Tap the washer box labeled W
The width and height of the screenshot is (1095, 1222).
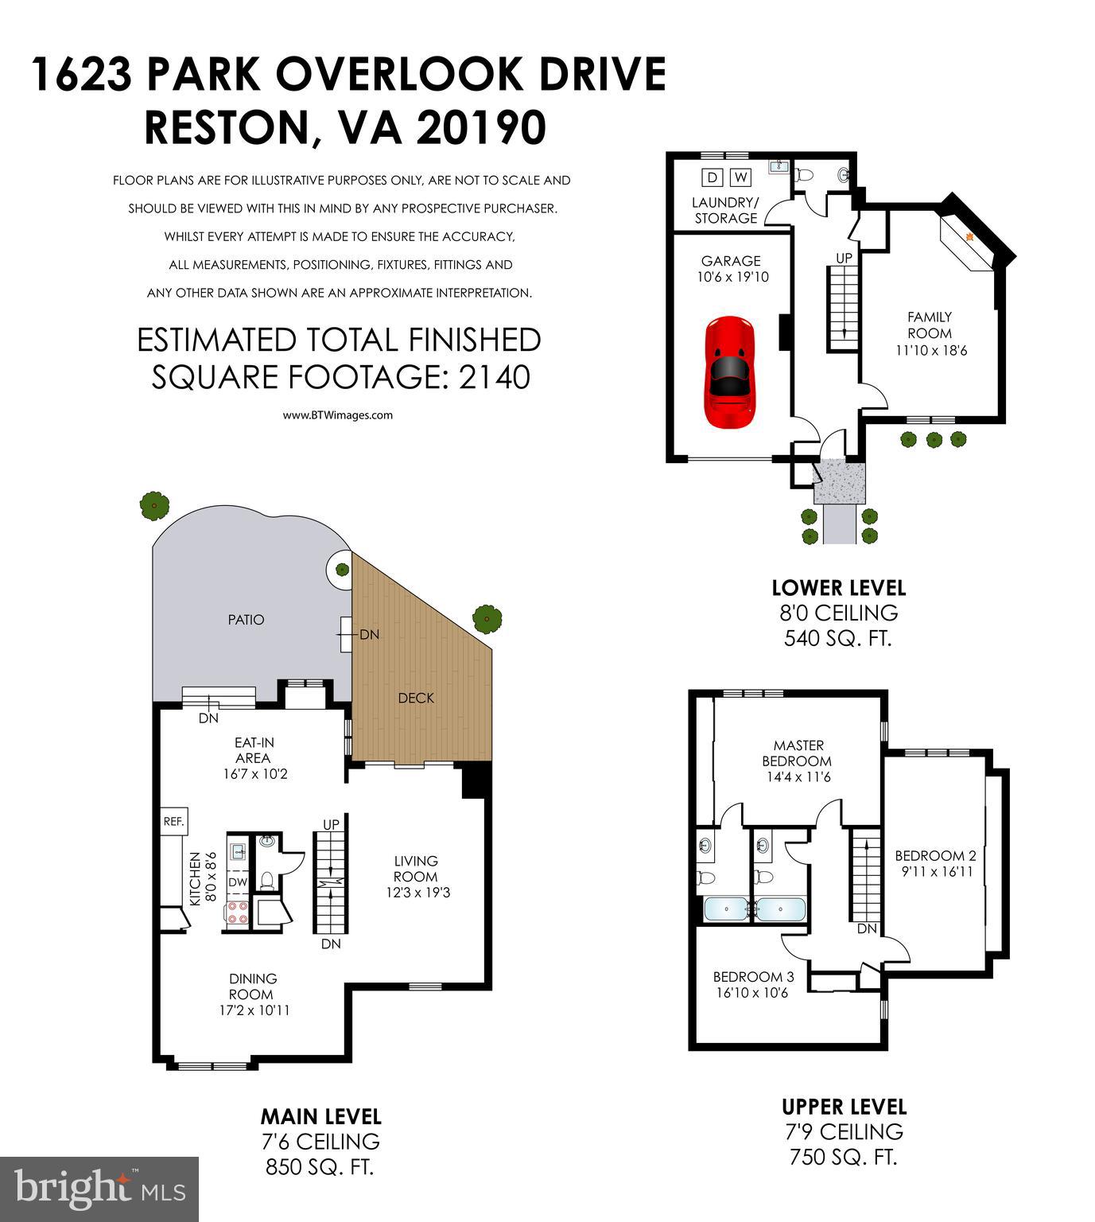(740, 177)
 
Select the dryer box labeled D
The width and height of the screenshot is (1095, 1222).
(712, 177)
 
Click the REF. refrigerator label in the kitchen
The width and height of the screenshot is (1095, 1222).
(173, 822)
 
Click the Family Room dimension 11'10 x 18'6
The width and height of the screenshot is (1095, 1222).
(929, 349)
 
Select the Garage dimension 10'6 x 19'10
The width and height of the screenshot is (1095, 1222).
(730, 277)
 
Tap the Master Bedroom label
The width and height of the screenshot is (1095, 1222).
(798, 753)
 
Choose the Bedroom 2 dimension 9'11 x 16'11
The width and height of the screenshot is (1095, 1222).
(935, 871)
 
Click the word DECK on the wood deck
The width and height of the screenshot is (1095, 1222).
(416, 698)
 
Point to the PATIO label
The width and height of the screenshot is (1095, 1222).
(246, 619)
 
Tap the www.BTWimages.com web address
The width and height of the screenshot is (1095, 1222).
(338, 414)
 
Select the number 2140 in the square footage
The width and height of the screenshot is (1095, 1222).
(495, 376)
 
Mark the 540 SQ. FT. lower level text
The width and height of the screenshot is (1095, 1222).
(838, 638)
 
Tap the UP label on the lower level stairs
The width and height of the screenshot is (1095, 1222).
(844, 258)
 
